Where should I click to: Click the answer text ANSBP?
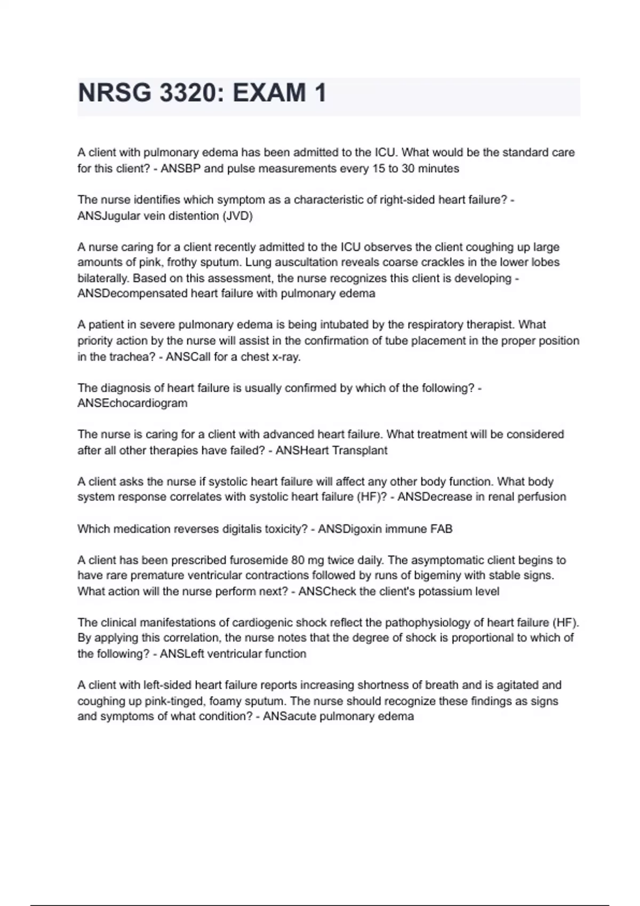coord(181,169)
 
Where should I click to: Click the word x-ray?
coord(286,357)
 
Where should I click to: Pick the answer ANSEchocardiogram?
coord(132,403)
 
